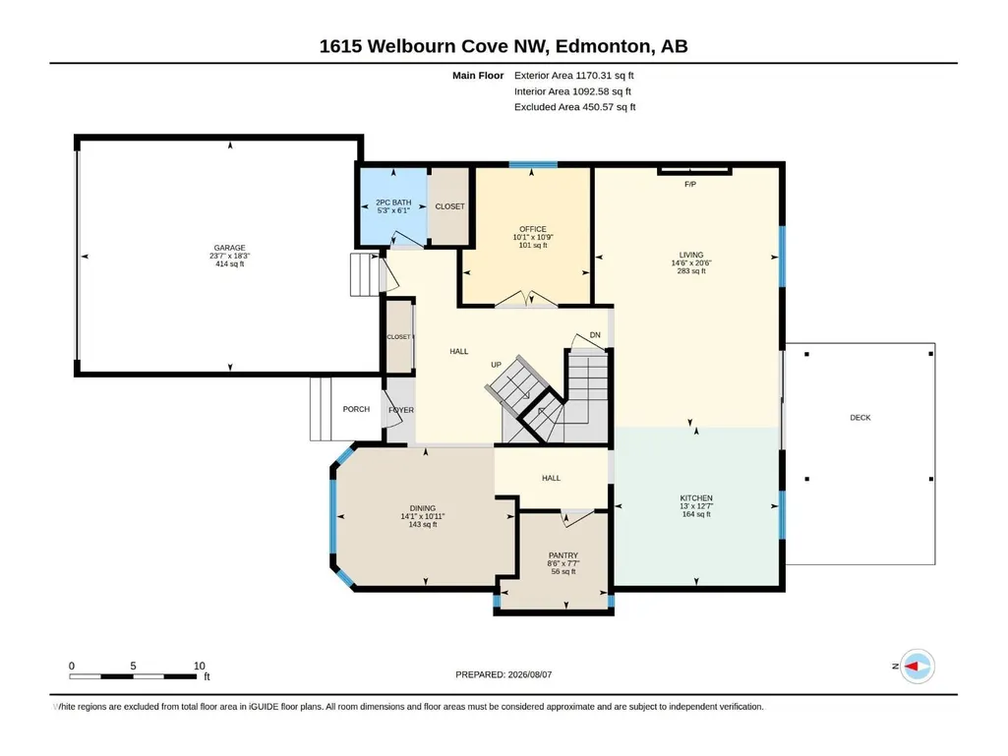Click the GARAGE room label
[229, 248]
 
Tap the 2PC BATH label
[393, 203]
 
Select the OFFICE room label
[533, 229]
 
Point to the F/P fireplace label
[690, 185]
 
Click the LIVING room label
[691, 255]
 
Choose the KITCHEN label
[696, 498]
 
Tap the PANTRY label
[563, 555]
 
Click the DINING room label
[422, 508]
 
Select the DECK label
[860, 418]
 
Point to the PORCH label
[356, 409]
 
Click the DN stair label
[595, 335]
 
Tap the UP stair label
[496, 365]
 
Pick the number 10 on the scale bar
[200, 666]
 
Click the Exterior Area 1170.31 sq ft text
[574, 76]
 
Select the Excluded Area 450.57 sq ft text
[574, 107]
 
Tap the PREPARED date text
[504, 674]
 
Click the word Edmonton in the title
[602, 46]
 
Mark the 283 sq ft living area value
[691, 271]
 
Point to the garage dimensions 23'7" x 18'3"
[229, 256]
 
